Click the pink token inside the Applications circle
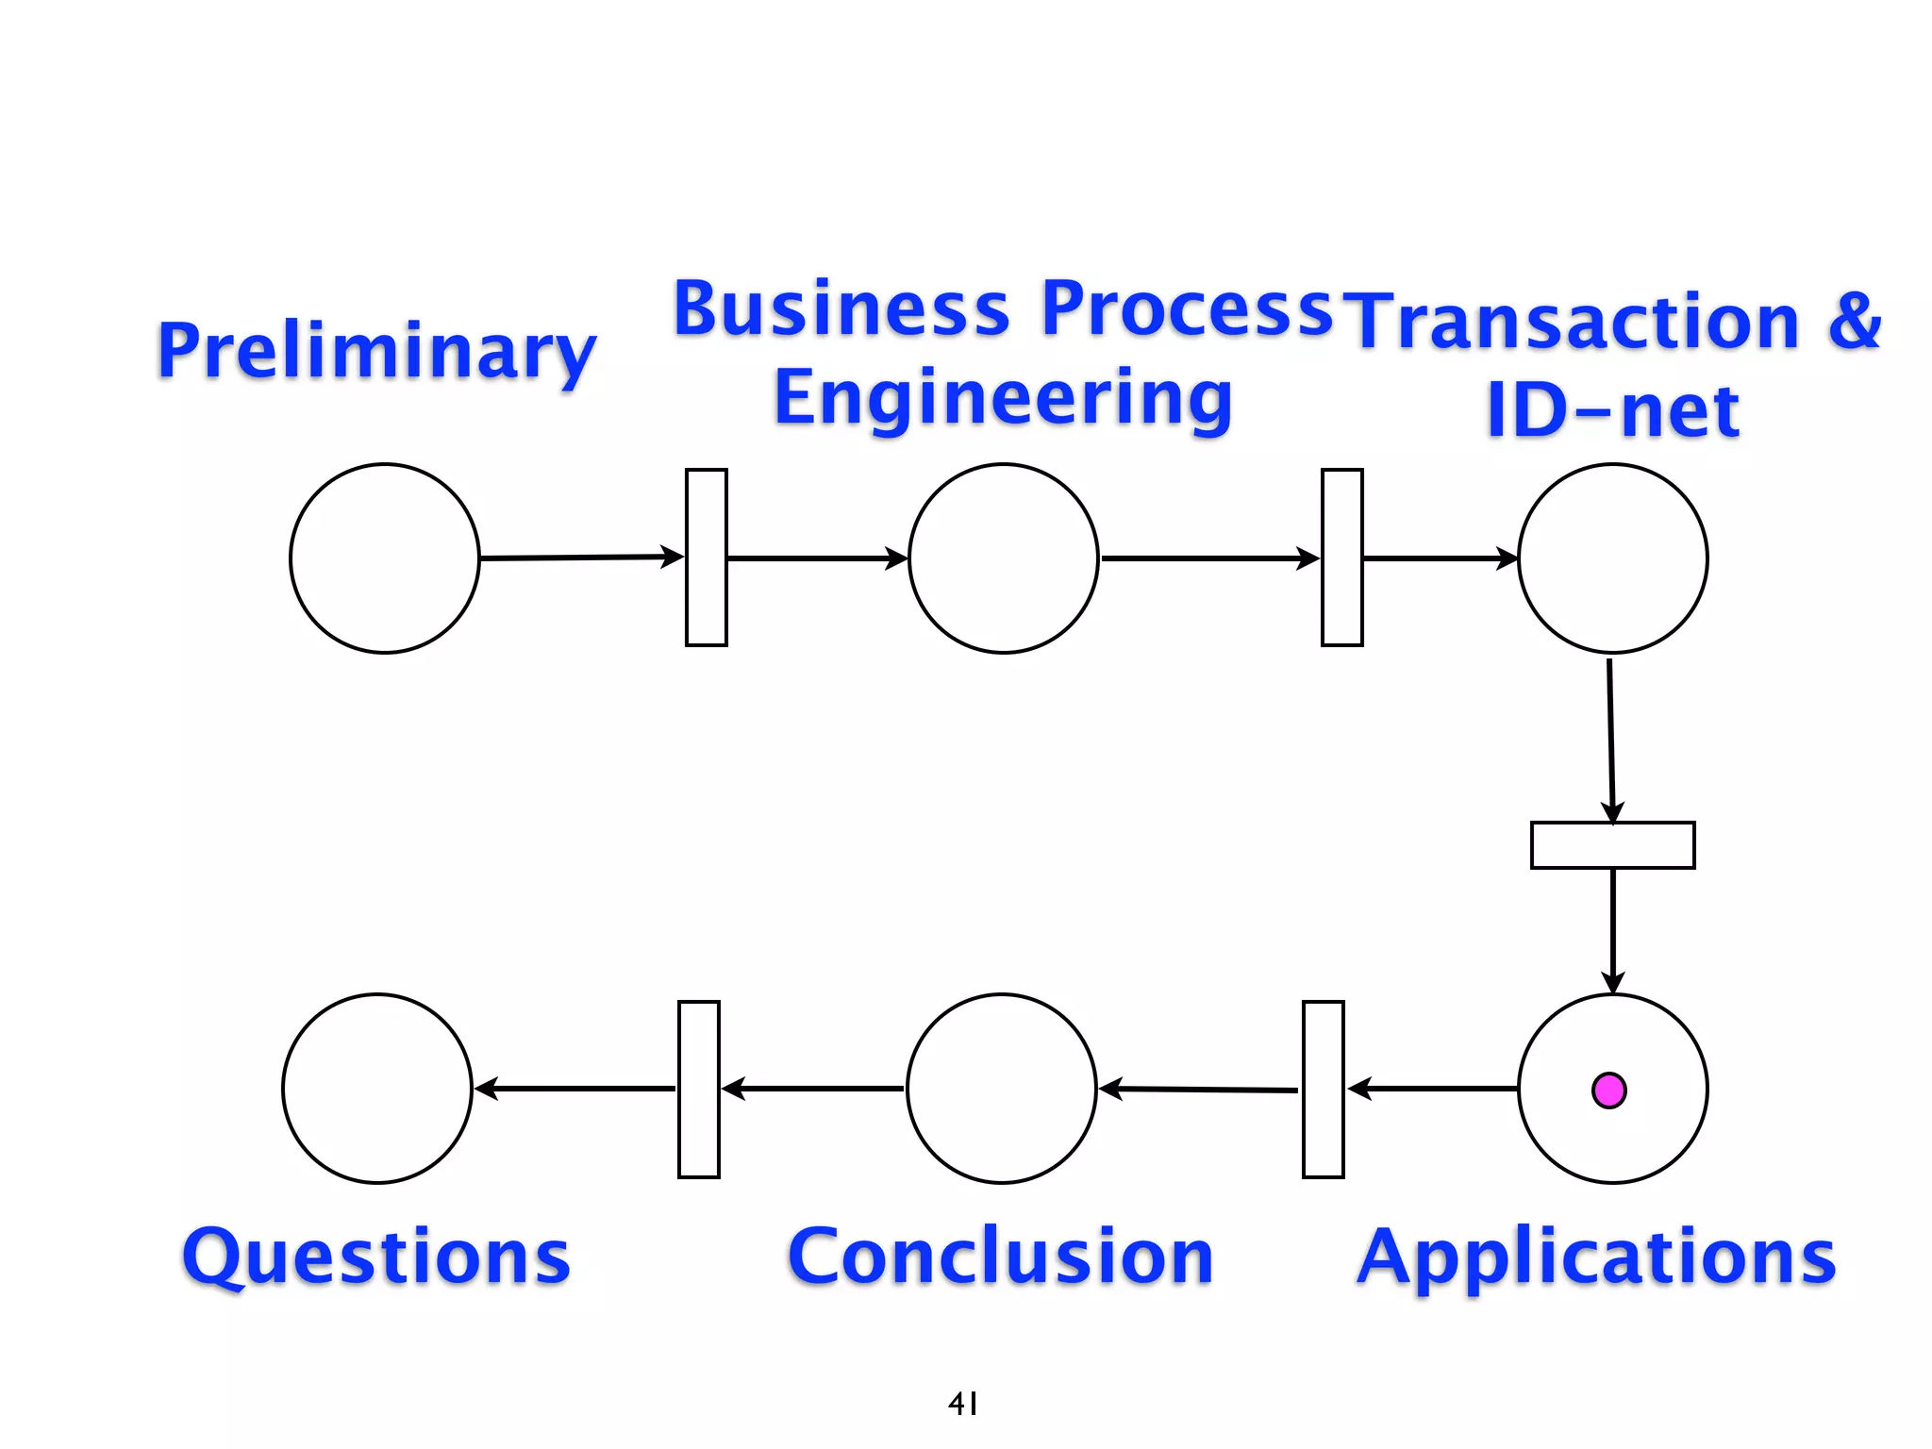(x=1608, y=1091)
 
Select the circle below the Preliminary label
(x=385, y=558)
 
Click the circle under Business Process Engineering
(x=1003, y=558)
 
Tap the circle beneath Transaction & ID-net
(x=1612, y=558)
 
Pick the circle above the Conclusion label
(x=1001, y=1089)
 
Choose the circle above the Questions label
(x=377, y=1089)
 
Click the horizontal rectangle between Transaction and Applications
(x=1612, y=845)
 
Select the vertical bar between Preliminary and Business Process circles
(x=706, y=558)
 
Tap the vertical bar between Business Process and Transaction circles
(x=1341, y=558)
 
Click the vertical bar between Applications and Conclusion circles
(x=1323, y=1090)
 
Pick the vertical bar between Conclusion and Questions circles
(x=698, y=1090)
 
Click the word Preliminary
(x=376, y=351)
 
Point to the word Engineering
(x=1003, y=399)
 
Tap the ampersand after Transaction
(x=1854, y=321)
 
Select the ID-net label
(x=1612, y=411)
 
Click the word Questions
(x=376, y=1257)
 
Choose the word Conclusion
(x=1001, y=1257)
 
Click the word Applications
(x=1596, y=1257)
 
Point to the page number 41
(x=963, y=1404)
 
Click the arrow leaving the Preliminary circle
(x=580, y=558)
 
